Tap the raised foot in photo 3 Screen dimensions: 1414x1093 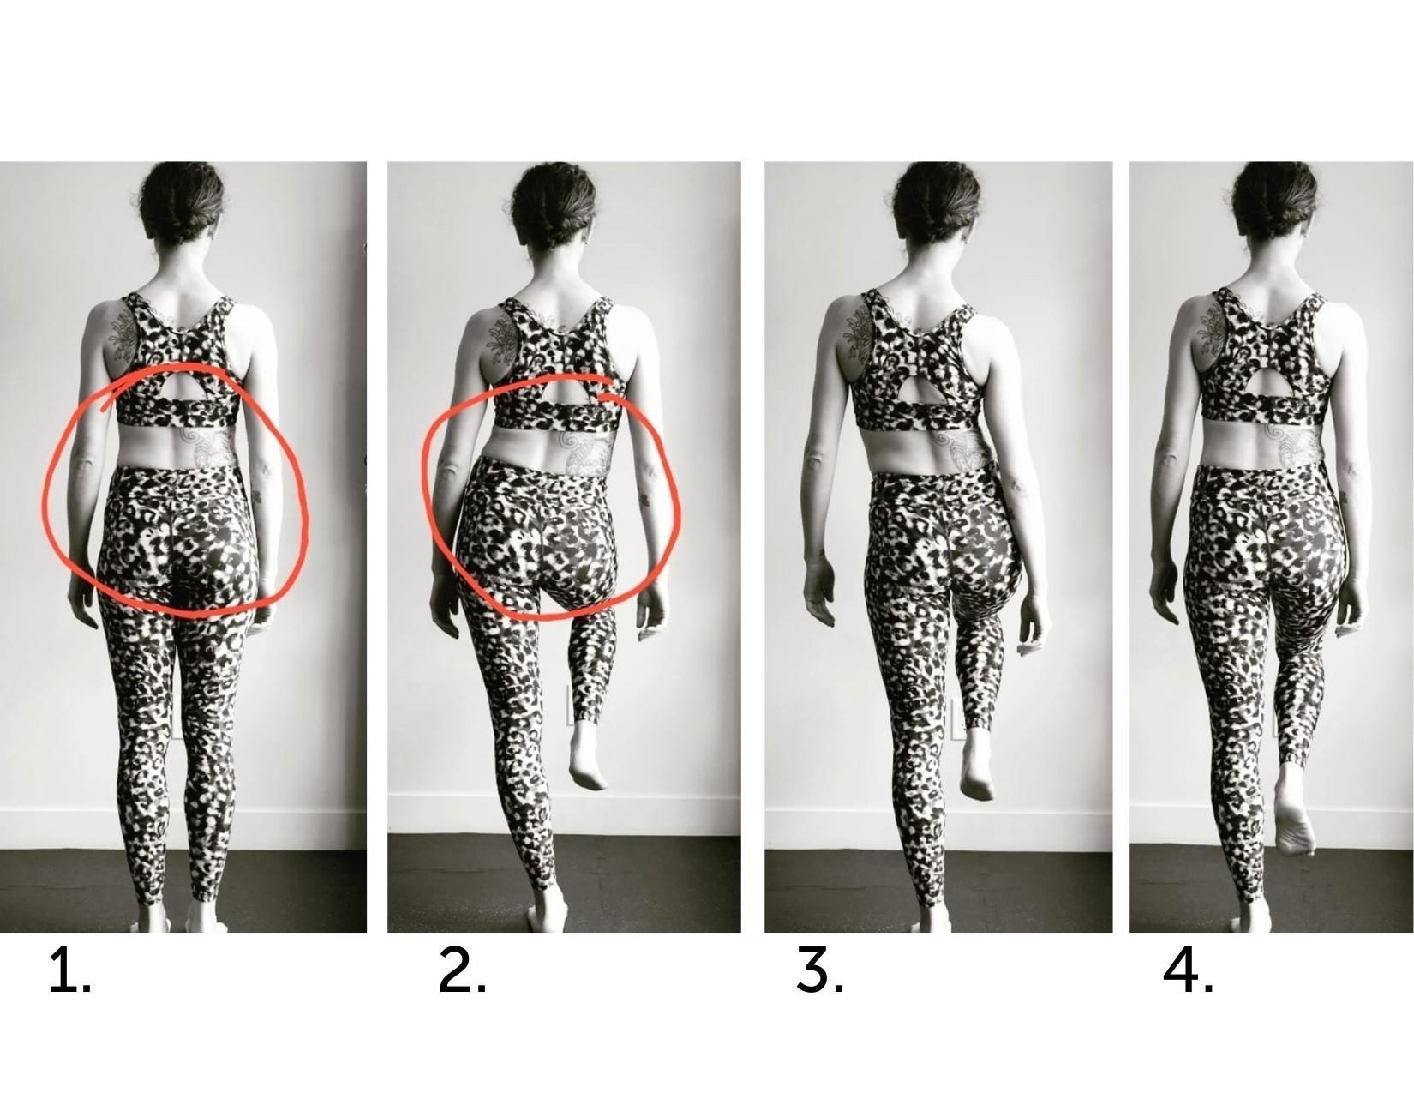977,766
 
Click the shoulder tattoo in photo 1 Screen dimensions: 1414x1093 125,332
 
